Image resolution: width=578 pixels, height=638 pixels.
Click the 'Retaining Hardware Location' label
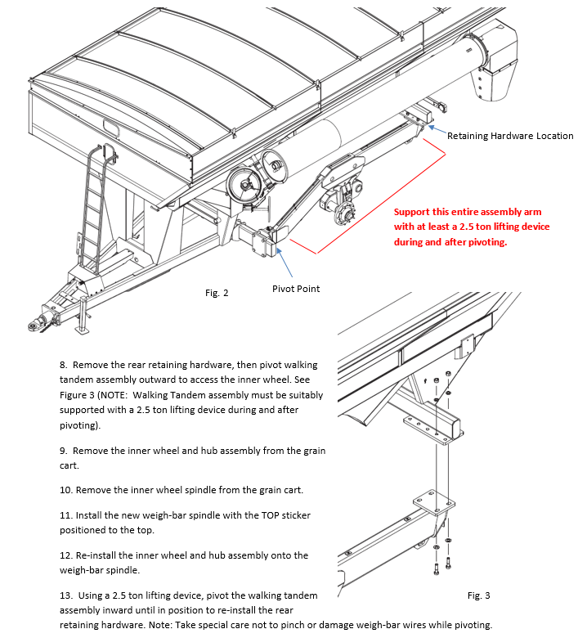click(x=510, y=136)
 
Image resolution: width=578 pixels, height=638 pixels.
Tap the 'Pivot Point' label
click(x=296, y=289)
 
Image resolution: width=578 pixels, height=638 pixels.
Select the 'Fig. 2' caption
click(x=217, y=292)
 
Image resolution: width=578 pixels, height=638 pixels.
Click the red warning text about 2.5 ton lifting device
click(x=472, y=227)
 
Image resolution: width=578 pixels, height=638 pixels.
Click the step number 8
click(x=64, y=364)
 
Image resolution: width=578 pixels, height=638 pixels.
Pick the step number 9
click(x=64, y=451)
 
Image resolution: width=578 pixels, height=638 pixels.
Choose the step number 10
click(x=66, y=490)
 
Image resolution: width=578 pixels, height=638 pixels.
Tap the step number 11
click(x=66, y=516)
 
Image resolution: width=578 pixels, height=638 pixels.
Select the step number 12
click(x=66, y=555)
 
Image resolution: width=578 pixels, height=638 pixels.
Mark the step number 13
click(x=66, y=595)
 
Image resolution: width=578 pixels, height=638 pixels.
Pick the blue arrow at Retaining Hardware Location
click(x=434, y=129)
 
